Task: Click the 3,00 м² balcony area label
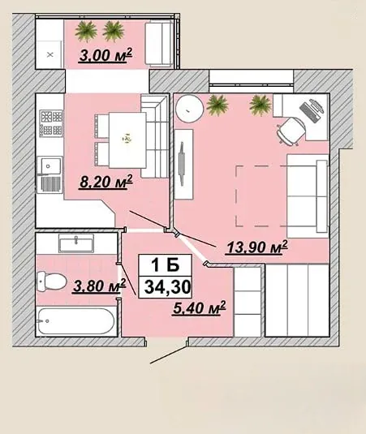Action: [105, 55]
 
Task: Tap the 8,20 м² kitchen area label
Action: [106, 182]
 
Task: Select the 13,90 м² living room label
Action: [256, 247]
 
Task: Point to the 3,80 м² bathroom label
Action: [99, 286]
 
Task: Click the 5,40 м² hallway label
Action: [200, 307]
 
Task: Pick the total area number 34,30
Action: [168, 287]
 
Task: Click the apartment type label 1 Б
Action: [166, 265]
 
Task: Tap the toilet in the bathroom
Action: [51, 281]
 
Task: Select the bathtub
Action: [75, 321]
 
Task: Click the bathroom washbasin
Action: [76, 243]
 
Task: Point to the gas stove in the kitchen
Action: [51, 123]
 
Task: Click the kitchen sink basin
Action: [50, 165]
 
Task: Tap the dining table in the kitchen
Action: [127, 140]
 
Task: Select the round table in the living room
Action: [190, 109]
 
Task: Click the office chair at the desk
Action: [291, 131]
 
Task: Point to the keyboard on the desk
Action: [310, 113]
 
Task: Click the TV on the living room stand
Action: [182, 164]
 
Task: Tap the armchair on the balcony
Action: [159, 44]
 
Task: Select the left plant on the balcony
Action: [86, 32]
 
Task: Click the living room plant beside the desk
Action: [260, 105]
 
